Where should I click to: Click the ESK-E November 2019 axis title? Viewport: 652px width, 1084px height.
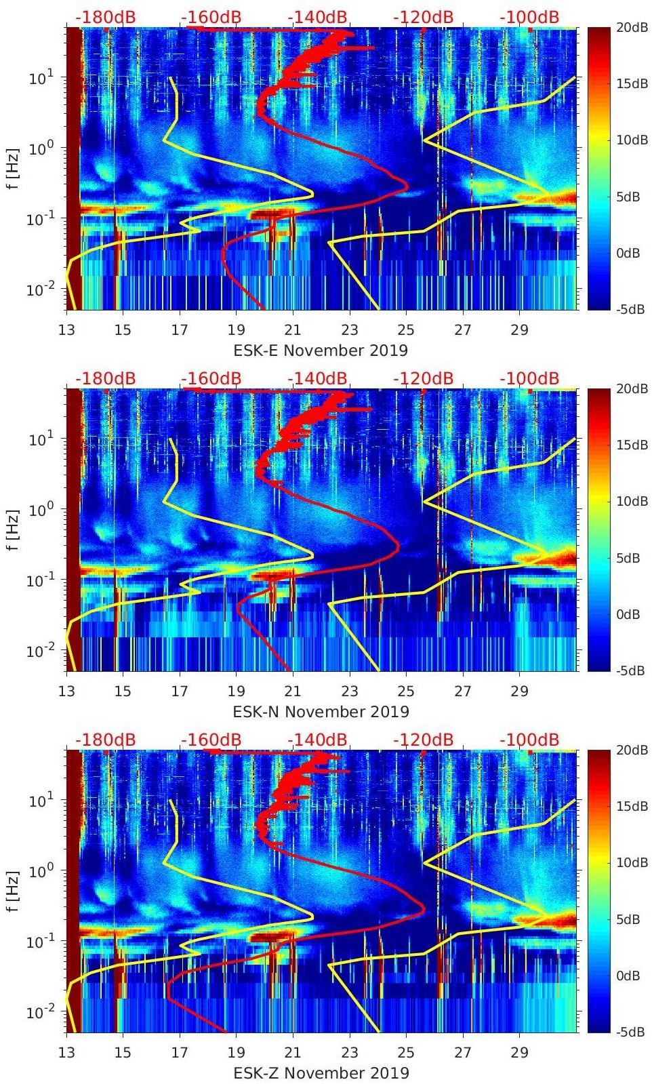tap(321, 350)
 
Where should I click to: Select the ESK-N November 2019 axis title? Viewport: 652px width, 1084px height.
tap(321, 712)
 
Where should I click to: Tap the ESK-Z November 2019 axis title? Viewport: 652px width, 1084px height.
tap(321, 1073)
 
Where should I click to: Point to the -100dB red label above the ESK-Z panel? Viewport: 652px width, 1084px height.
tap(529, 740)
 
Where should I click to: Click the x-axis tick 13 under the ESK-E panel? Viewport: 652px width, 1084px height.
tap(66, 330)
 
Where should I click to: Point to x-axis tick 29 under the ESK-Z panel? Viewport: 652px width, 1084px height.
tap(519, 1053)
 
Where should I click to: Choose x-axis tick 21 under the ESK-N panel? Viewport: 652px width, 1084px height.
tap(293, 691)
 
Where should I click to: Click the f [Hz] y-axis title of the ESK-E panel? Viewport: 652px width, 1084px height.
tap(14, 168)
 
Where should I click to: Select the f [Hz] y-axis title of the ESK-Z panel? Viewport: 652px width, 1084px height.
tap(14, 891)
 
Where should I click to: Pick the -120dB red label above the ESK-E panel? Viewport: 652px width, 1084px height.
tap(423, 17)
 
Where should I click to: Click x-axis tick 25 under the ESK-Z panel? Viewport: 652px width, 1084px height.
tap(406, 1053)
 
